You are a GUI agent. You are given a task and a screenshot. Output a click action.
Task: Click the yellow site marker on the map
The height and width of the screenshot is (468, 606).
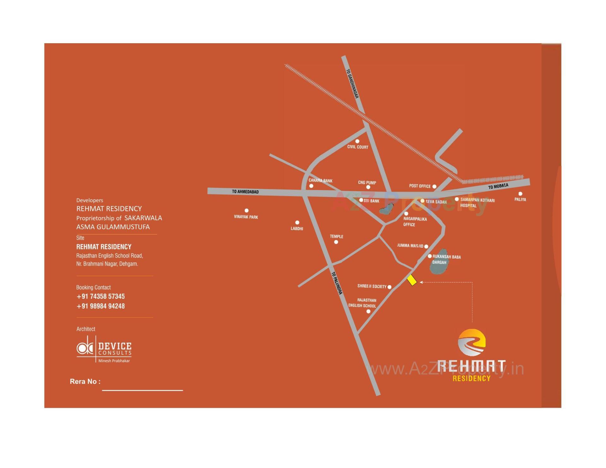point(412,280)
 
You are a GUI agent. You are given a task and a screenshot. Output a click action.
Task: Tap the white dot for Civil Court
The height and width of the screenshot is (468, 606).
point(357,141)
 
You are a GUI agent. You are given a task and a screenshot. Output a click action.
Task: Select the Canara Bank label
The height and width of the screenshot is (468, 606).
point(320,181)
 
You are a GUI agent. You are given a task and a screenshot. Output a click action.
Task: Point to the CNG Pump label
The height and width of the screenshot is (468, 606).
point(367,182)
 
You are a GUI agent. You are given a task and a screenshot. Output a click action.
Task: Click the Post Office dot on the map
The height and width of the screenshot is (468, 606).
point(434,187)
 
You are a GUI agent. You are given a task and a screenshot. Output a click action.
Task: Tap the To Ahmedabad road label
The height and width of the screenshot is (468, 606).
point(245,192)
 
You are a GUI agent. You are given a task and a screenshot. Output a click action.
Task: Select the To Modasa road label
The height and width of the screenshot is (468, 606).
point(498,186)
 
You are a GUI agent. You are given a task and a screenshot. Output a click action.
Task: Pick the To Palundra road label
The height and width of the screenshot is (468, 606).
point(337,283)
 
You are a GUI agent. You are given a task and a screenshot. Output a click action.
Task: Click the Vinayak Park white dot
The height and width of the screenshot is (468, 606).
point(247,210)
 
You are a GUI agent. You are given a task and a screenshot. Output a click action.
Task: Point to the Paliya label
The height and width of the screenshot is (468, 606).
point(520,199)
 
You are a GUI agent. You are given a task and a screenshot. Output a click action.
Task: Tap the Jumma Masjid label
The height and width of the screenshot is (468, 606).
point(410,246)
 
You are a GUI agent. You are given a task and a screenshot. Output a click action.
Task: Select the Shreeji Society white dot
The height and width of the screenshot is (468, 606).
point(389,287)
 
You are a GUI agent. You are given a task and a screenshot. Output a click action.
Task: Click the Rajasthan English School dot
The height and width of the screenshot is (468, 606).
point(368,311)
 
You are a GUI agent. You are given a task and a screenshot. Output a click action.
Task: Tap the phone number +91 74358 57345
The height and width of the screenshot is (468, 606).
point(101,296)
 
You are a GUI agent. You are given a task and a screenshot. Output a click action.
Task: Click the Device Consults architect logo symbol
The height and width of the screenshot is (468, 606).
point(85,348)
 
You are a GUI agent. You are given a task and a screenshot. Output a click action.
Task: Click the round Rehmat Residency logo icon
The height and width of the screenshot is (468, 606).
point(472,342)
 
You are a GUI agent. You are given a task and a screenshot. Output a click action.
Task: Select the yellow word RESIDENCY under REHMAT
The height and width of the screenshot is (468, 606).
point(472,378)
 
